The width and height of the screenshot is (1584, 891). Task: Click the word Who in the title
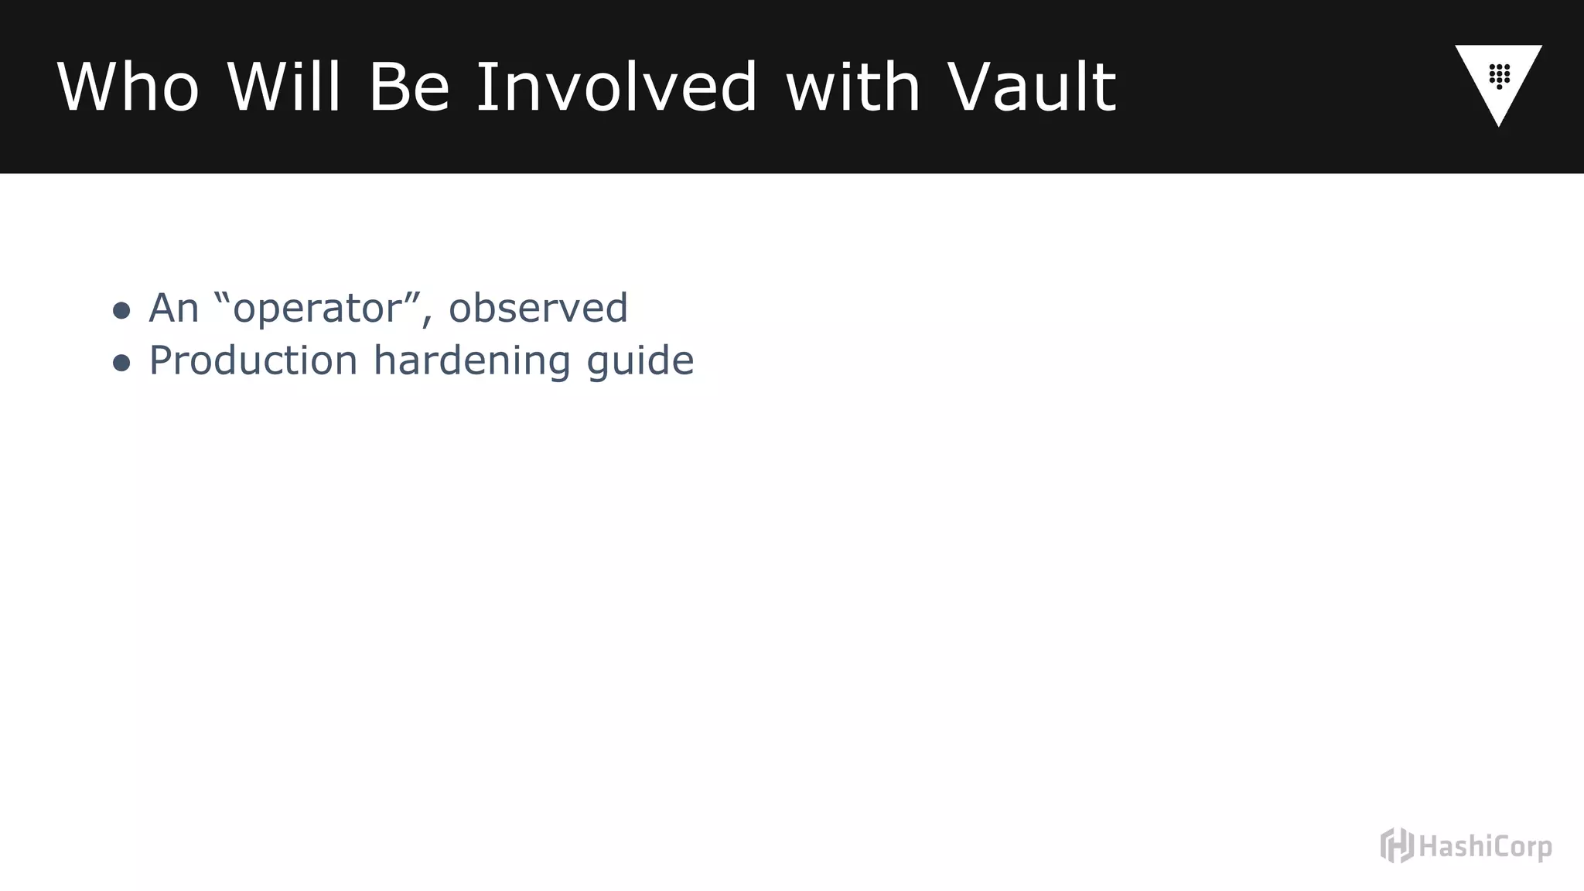128,87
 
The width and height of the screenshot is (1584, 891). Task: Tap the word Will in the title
284,87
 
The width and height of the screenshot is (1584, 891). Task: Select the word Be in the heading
409,87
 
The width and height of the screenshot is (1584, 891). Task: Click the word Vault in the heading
1032,87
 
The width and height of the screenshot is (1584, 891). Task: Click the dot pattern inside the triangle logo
1500,76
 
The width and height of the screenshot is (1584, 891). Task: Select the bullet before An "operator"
121,311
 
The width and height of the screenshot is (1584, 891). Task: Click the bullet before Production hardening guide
121,363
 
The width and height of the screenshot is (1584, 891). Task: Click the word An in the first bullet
174,309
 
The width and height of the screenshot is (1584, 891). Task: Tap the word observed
538,309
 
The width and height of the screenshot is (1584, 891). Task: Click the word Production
253,361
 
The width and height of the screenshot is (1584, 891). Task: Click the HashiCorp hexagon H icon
1397,845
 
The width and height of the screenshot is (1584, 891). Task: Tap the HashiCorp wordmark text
1485,847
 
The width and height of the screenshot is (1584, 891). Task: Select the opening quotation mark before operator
222,297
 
